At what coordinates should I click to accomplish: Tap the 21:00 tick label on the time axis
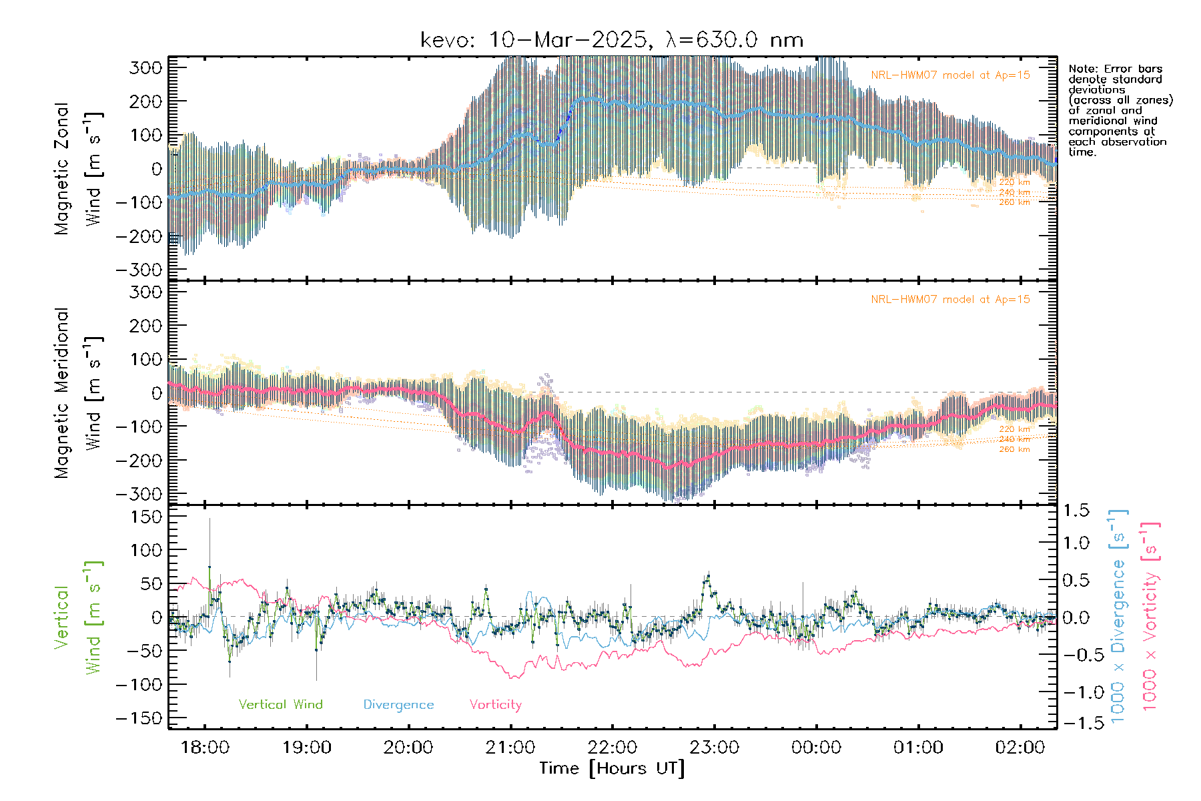coord(510,748)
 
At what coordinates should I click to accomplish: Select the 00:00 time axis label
coord(816,748)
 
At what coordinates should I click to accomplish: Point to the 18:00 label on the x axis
coord(205,748)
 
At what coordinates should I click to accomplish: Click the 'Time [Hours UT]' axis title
coord(612,768)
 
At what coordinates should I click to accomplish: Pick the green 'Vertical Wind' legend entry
coord(280,704)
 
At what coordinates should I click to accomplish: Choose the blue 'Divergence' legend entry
coord(398,705)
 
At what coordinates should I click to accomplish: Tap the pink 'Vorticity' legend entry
coord(495,704)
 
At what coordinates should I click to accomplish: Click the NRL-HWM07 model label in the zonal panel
coord(950,75)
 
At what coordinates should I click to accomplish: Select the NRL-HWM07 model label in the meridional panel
coord(950,300)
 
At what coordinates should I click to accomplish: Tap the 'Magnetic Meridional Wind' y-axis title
coord(79,392)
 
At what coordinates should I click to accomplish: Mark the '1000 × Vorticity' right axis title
coord(1151,616)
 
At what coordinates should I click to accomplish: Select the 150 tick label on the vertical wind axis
coord(147,517)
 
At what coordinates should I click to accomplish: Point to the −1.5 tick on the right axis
coord(1076,723)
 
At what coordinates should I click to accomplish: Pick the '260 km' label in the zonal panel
coord(1014,202)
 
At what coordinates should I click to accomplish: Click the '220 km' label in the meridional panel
coord(1014,429)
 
